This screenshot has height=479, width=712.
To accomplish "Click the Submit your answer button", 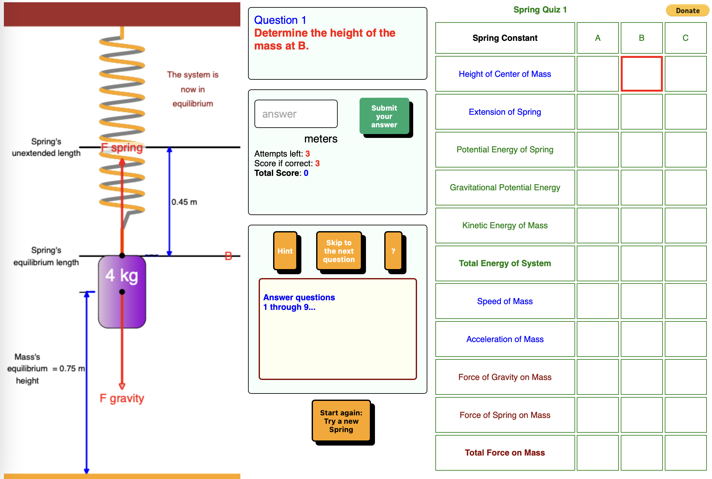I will (x=384, y=116).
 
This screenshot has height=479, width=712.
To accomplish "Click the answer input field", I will (x=296, y=114).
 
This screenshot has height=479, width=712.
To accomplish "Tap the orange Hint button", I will (x=285, y=251).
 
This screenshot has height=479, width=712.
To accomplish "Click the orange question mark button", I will (x=393, y=251).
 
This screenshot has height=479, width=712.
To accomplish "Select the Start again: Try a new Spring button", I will (x=341, y=421).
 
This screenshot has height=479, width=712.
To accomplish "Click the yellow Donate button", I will (x=687, y=11).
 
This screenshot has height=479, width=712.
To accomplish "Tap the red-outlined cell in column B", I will (x=641, y=74).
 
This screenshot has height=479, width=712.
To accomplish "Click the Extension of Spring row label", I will (x=505, y=112).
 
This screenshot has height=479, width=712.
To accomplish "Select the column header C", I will (x=685, y=38).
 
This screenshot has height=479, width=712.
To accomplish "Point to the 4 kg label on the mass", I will (x=122, y=276).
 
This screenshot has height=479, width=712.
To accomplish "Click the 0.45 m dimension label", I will (x=184, y=202).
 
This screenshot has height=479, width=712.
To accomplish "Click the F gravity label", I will (x=122, y=398).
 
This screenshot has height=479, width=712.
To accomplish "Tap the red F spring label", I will (x=122, y=148).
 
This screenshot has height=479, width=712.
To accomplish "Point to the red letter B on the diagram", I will (x=228, y=256).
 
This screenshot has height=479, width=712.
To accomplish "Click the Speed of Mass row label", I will (x=505, y=301).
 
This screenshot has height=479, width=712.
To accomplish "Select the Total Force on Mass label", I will (x=505, y=453).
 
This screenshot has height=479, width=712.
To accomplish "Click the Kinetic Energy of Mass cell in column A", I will (x=597, y=225).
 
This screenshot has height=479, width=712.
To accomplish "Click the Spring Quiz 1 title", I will (x=540, y=10).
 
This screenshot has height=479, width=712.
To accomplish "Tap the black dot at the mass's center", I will (x=122, y=292).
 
